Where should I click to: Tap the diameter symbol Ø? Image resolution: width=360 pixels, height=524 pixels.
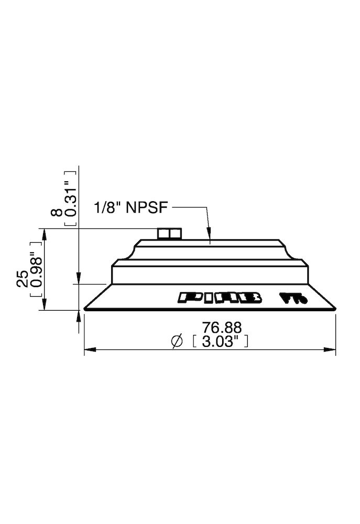coord(177,342)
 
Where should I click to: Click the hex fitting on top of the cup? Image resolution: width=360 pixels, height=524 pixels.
coord(169,233)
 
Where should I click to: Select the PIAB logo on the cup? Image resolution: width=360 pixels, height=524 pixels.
coord(220,298)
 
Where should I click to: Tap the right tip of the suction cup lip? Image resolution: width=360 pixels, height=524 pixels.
coord(335,308)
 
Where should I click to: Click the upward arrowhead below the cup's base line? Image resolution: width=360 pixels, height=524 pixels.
coord(78,314)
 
